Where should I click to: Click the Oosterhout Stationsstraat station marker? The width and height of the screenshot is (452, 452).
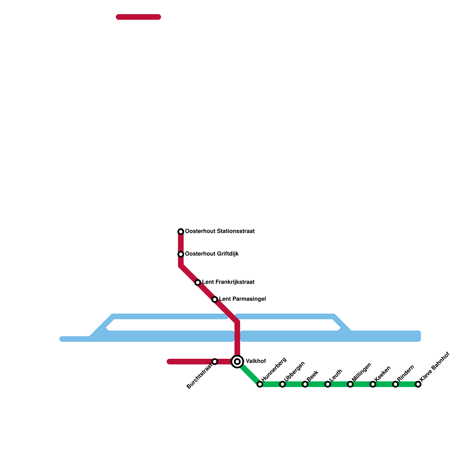click(181, 232)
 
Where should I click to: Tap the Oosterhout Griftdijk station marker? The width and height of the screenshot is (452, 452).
click(181, 254)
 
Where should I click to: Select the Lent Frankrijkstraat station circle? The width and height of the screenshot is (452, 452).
click(198, 282)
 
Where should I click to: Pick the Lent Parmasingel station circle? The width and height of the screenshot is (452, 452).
click(215, 299)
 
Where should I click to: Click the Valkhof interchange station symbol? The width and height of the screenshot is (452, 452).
click(237, 362)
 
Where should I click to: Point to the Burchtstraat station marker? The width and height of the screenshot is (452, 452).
click(215, 362)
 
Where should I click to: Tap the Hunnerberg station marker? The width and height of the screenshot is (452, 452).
click(260, 384)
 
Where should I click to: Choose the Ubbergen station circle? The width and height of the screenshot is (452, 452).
click(282, 384)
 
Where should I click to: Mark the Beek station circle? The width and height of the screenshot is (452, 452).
click(305, 384)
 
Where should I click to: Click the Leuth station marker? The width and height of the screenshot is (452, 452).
click(328, 384)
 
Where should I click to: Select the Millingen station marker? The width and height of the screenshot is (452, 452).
click(350, 384)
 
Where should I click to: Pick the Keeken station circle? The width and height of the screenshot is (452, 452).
click(373, 384)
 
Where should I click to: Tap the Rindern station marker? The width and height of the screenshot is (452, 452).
click(395, 384)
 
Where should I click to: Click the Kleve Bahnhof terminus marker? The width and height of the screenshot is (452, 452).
click(418, 384)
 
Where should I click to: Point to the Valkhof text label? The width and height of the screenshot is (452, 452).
click(256, 361)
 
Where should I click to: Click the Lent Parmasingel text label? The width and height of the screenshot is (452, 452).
click(242, 299)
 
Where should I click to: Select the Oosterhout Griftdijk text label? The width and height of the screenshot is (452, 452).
click(212, 254)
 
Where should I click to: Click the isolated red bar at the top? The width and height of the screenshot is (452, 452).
click(138, 17)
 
